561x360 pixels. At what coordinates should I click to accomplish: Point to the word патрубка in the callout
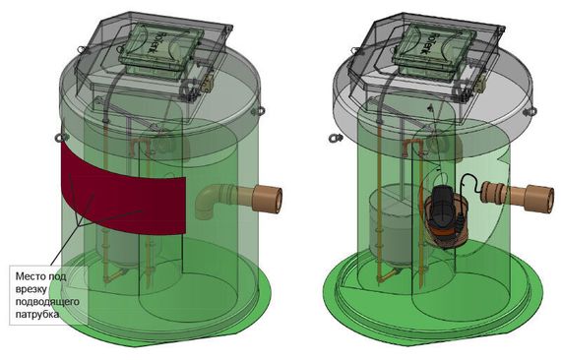(41, 318)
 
